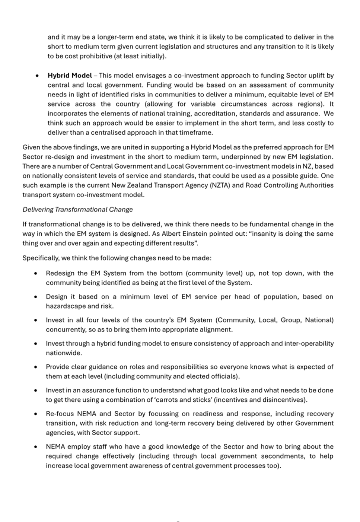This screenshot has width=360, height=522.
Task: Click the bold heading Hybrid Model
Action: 70,76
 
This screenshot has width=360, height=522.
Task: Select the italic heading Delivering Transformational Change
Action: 77,210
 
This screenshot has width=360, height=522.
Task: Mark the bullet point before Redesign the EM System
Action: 36,273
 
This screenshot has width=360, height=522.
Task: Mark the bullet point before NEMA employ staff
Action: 36,447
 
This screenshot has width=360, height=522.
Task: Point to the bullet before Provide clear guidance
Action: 36,367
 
